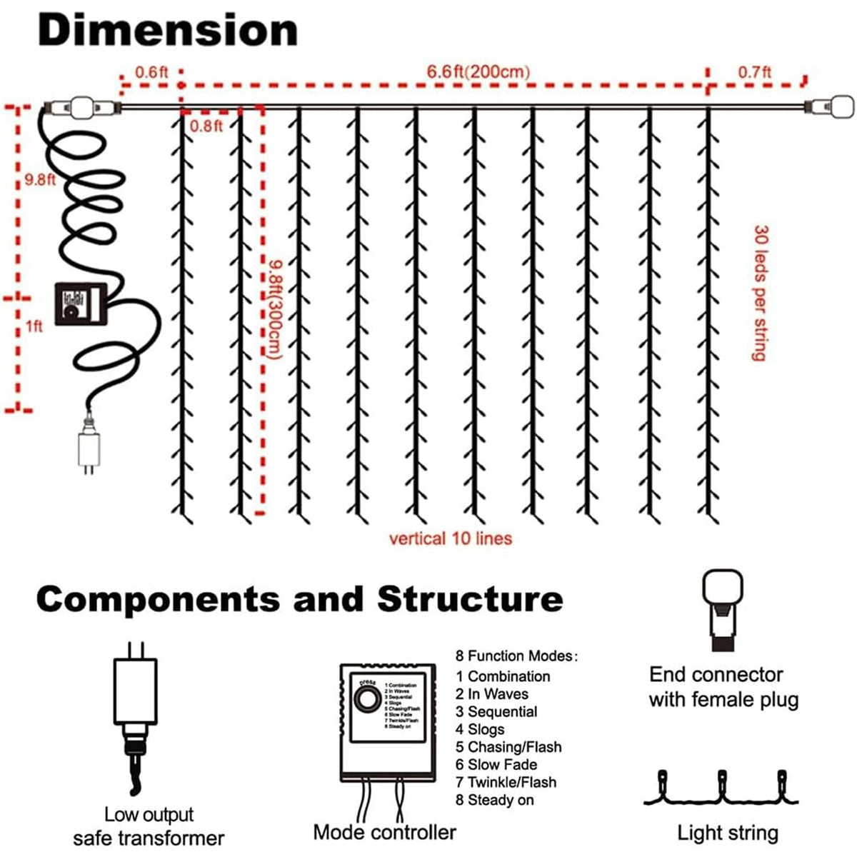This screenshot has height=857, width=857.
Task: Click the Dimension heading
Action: pyautogui.click(x=167, y=31)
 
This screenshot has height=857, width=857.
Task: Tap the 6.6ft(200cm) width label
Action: pyautogui.click(x=478, y=72)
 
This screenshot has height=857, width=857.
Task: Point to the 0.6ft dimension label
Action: pyautogui.click(x=151, y=72)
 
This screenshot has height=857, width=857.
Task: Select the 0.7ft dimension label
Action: pyautogui.click(x=755, y=72)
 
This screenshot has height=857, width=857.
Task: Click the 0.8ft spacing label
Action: pyautogui.click(x=206, y=126)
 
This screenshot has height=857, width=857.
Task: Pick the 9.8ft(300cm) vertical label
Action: pyautogui.click(x=276, y=307)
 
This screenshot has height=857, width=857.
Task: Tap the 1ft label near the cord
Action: pyautogui.click(x=34, y=326)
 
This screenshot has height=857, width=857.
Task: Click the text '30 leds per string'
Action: pyautogui.click(x=761, y=293)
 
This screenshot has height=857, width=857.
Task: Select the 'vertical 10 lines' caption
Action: pyautogui.click(x=450, y=538)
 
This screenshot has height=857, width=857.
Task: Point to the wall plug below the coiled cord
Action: pyautogui.click(x=89, y=448)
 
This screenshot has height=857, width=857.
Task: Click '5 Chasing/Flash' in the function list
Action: pyautogui.click(x=508, y=747)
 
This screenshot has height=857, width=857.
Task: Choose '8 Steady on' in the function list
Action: pyautogui.click(x=495, y=800)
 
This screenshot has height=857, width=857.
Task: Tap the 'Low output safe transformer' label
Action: pyautogui.click(x=149, y=826)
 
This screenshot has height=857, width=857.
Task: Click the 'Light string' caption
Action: pyautogui.click(x=727, y=833)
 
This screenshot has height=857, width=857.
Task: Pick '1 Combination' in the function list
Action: pyautogui.click(x=503, y=676)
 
